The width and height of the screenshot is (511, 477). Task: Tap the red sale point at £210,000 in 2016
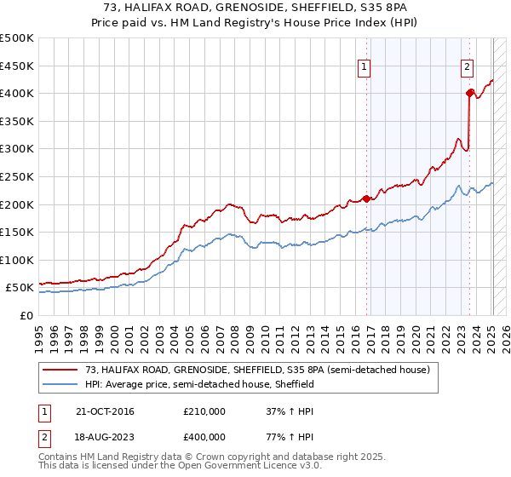point(367,198)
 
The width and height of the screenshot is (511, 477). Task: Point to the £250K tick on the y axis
point(18,176)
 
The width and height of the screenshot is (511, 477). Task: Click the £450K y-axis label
point(18,66)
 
